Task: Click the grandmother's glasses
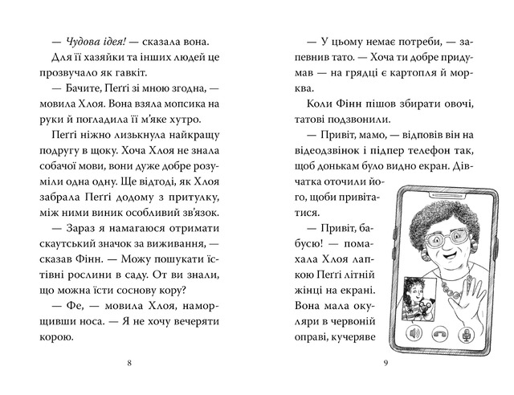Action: [447, 236]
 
